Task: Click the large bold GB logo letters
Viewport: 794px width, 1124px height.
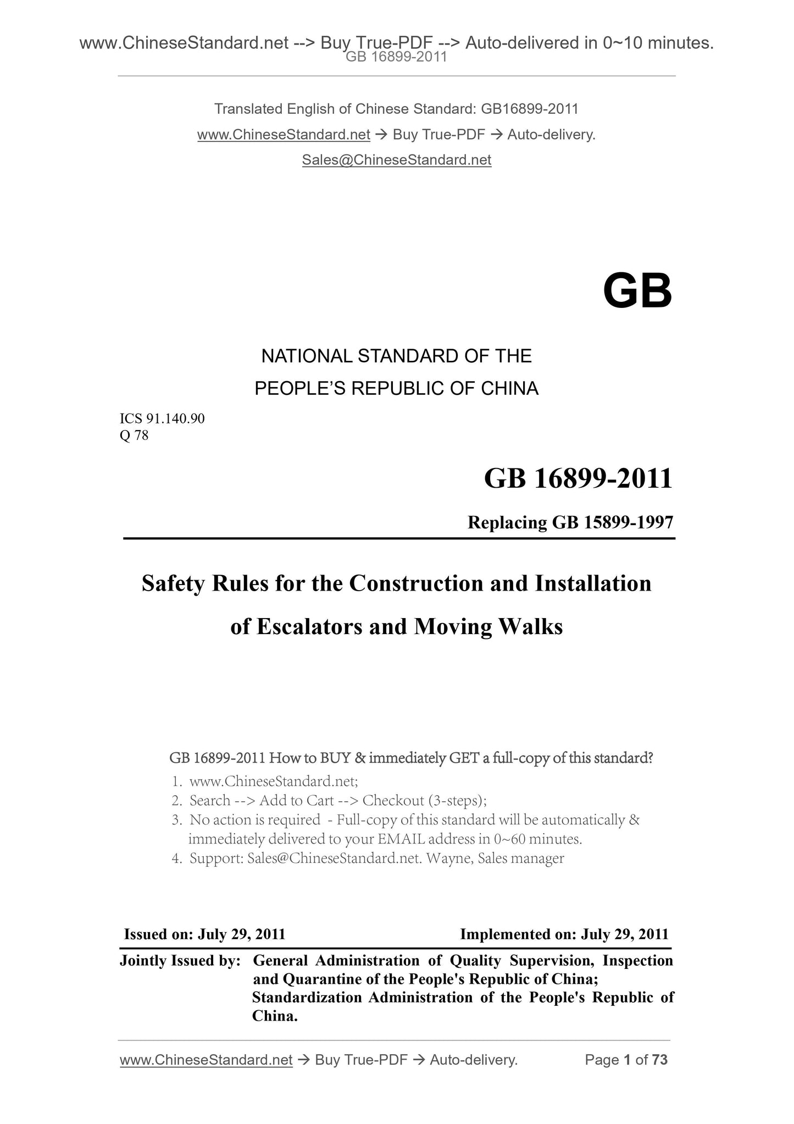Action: (x=637, y=291)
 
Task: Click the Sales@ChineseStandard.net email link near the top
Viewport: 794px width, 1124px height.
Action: (x=396, y=160)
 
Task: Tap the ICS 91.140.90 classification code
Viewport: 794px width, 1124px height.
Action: (x=162, y=419)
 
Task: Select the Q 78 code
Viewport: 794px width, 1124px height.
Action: (x=134, y=436)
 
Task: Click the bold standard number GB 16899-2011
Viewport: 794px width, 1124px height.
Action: (x=578, y=478)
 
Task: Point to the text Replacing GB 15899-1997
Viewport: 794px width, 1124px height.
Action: (x=570, y=522)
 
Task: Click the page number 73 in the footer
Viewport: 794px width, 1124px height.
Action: (x=660, y=1060)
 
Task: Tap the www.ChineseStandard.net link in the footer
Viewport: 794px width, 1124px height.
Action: (x=206, y=1060)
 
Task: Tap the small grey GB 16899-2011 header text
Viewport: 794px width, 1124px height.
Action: (x=396, y=57)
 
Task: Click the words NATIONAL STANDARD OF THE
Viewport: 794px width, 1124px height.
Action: (x=396, y=356)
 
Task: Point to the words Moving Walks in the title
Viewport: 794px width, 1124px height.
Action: (x=488, y=626)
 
